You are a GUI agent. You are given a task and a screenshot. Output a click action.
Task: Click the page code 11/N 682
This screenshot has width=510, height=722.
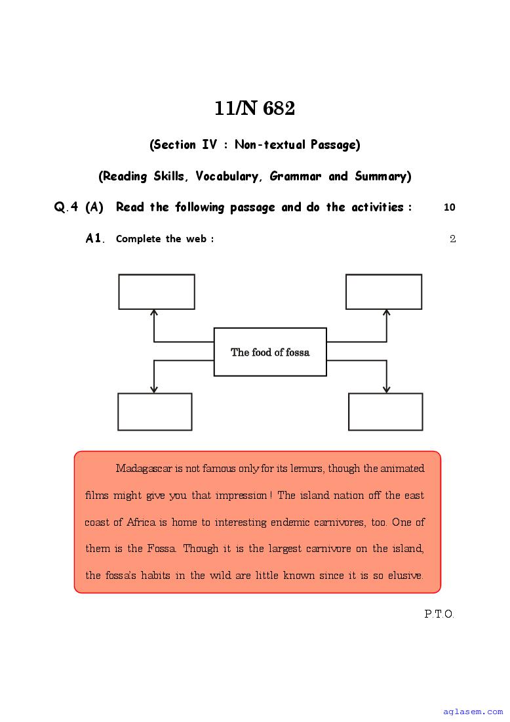point(254,109)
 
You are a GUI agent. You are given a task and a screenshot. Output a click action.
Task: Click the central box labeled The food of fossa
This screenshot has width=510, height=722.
point(270,352)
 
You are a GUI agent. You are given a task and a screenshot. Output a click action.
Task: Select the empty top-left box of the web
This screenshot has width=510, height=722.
point(157,291)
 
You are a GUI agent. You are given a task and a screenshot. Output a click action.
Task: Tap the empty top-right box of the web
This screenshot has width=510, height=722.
point(383,291)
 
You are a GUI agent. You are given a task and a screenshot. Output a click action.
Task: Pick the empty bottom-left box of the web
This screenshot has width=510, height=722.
point(155,412)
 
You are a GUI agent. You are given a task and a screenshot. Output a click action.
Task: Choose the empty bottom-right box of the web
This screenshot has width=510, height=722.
point(385,412)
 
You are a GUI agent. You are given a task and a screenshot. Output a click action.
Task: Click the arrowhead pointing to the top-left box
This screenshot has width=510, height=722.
point(154,314)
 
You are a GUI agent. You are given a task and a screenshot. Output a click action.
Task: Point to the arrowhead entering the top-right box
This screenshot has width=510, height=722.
point(386,314)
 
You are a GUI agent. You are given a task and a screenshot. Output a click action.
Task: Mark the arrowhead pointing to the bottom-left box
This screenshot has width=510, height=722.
point(154,389)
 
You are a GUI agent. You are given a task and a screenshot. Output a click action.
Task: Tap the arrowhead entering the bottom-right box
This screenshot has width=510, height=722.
point(386,389)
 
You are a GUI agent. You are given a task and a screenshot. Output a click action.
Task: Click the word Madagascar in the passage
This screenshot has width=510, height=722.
point(144,469)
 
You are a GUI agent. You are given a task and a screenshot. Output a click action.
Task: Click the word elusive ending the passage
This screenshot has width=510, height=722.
point(406,576)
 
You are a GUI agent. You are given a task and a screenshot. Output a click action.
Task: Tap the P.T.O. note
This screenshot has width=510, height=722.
point(439,614)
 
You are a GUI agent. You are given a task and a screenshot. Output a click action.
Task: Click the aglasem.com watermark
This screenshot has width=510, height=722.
point(473,711)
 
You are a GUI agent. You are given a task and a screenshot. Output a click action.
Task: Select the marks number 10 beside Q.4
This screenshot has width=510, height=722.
point(449,207)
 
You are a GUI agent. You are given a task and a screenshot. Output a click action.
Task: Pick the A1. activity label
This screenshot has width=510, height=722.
point(95,238)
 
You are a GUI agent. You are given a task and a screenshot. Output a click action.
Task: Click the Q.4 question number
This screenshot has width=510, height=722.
point(66,207)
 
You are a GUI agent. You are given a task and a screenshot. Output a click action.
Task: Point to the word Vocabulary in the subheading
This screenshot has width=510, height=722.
point(229,176)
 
